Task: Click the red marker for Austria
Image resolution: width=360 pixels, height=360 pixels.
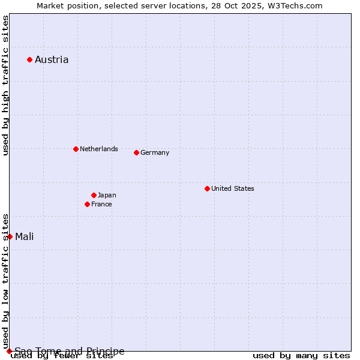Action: point(29,59)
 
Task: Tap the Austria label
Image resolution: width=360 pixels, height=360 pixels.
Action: point(52,59)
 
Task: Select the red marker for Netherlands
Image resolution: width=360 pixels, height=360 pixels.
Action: point(76,149)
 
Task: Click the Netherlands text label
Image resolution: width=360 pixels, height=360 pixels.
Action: point(99,149)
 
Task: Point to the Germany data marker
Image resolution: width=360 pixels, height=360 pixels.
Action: point(136,152)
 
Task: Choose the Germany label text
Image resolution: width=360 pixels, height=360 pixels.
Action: point(155,152)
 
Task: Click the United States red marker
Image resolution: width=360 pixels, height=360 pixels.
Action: point(207,188)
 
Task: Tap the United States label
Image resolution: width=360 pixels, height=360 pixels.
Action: point(233,188)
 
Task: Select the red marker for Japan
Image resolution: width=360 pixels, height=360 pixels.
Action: point(94,195)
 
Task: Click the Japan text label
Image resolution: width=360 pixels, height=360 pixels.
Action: point(107,195)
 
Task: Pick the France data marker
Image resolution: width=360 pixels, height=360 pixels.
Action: point(87,204)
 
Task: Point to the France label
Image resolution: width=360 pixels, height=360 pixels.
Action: point(101,204)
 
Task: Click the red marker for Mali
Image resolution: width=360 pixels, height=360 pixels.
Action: point(10,236)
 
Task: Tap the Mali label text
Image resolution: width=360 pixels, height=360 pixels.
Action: point(25,236)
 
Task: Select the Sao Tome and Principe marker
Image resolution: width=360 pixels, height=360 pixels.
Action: point(9,351)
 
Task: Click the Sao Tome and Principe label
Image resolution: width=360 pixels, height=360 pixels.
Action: point(70,351)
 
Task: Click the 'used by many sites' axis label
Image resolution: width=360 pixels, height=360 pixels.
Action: point(301,356)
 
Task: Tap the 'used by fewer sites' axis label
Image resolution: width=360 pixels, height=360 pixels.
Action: point(62,356)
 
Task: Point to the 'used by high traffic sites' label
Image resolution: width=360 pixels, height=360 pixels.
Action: point(5,85)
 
